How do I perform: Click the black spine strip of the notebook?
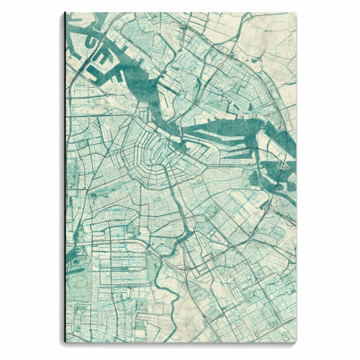(x=65, y=180)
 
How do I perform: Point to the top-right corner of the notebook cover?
(x=295, y=12)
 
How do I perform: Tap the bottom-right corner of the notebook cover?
(x=295, y=346)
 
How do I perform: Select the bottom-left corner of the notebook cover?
(x=64, y=346)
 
